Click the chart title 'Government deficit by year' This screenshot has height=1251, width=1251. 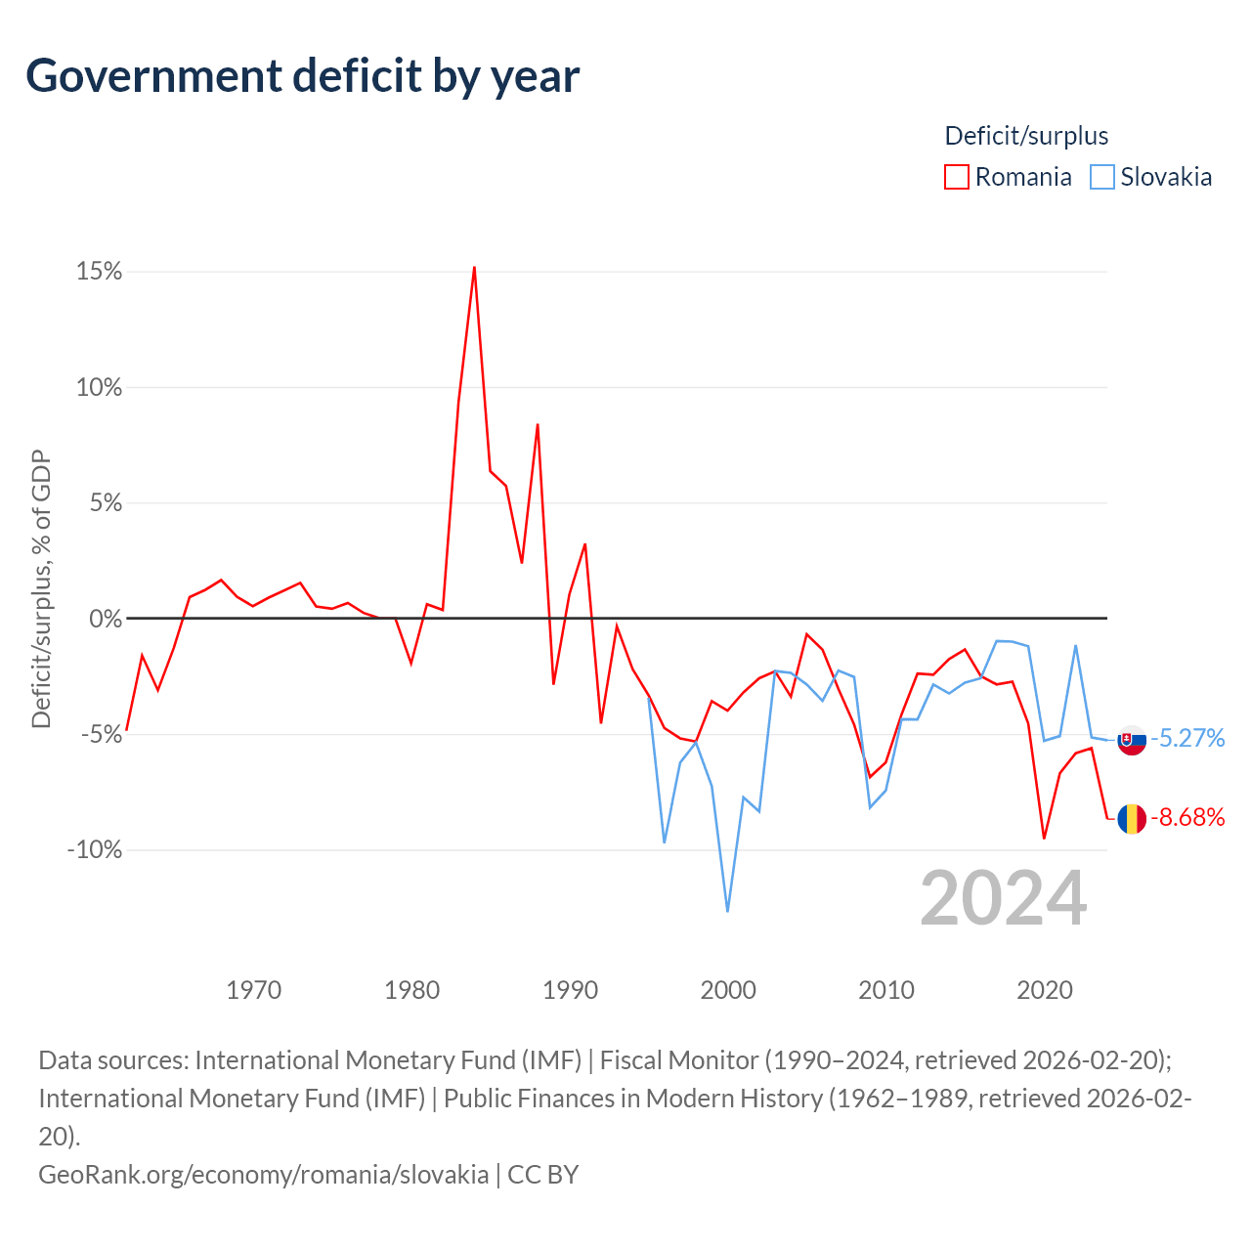pyautogui.click(x=302, y=76)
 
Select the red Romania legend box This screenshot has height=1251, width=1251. pyautogui.click(x=956, y=177)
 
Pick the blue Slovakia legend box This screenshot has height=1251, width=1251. pyautogui.click(x=1102, y=177)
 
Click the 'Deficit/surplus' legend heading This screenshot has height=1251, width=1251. pyautogui.click(x=1026, y=136)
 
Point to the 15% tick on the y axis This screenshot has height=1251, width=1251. pyautogui.click(x=100, y=272)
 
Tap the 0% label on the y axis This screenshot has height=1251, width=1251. pyautogui.click(x=106, y=619)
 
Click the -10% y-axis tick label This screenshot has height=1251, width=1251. pyautogui.click(x=95, y=849)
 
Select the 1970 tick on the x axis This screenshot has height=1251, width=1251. pyautogui.click(x=254, y=990)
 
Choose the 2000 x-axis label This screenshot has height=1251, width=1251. pyautogui.click(x=728, y=990)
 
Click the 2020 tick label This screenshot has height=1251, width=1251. pyautogui.click(x=1045, y=990)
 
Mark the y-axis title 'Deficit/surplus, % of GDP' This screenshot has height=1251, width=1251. pyautogui.click(x=42, y=588)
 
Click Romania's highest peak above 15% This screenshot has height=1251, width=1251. pyautogui.click(x=475, y=268)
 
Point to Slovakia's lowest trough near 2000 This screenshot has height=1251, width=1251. pyautogui.click(x=727, y=911)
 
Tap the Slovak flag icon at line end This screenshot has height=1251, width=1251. pyautogui.click(x=1132, y=740)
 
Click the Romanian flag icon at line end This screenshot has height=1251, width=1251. pyautogui.click(x=1132, y=819)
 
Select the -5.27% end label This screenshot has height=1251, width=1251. pyautogui.click(x=1188, y=738)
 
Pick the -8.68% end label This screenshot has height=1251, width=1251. pyautogui.click(x=1188, y=817)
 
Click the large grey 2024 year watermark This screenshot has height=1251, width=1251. pyautogui.click(x=1004, y=899)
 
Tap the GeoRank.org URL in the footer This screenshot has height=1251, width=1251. pyautogui.click(x=264, y=1175)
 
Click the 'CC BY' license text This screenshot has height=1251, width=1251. pyautogui.click(x=542, y=1175)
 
